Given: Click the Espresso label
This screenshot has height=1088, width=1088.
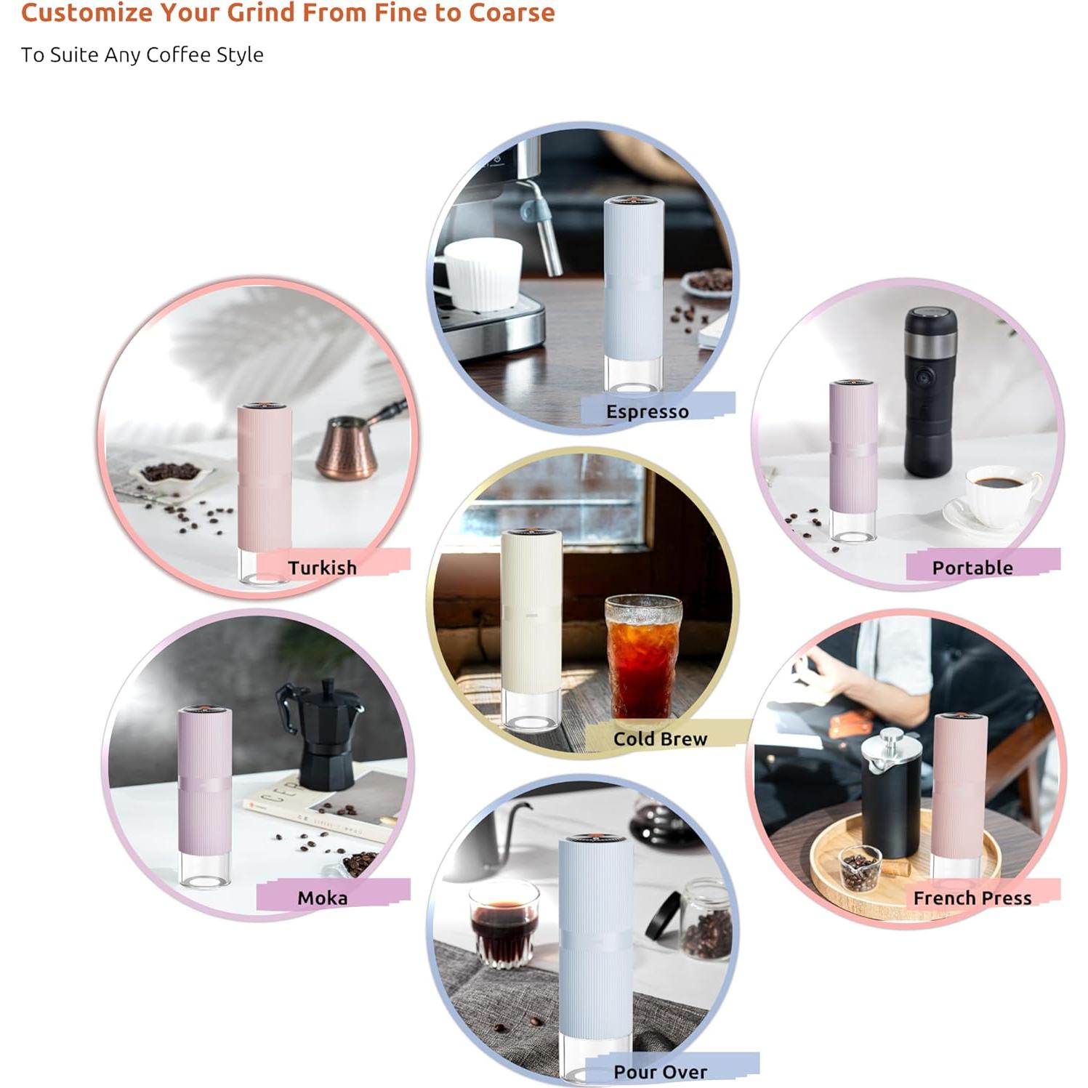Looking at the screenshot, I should pyautogui.click(x=647, y=412).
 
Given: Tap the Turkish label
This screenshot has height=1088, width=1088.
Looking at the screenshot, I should pyautogui.click(x=322, y=568).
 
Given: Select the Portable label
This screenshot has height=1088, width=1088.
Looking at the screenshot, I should pyautogui.click(x=972, y=568).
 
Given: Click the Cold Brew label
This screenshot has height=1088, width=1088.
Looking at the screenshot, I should pyautogui.click(x=660, y=739).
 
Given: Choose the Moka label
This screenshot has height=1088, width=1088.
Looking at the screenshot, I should pyautogui.click(x=322, y=898).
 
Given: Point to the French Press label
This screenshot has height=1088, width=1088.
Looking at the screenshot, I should pyautogui.click(x=972, y=898).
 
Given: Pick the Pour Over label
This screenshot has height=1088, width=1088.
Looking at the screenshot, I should pyautogui.click(x=660, y=1072).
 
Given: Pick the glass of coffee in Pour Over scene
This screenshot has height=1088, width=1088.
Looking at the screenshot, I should pyautogui.click(x=504, y=923).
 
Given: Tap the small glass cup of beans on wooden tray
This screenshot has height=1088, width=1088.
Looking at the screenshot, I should pyautogui.click(x=860, y=869).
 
